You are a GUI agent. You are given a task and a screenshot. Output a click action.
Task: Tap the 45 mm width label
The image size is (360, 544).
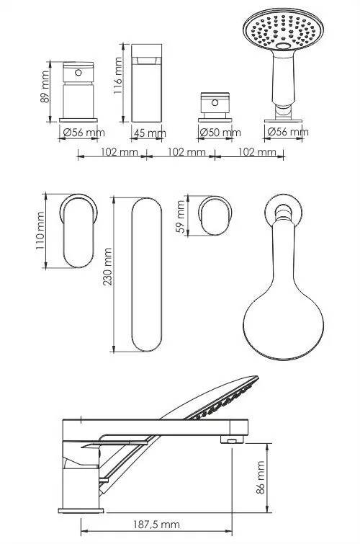pos(150,133)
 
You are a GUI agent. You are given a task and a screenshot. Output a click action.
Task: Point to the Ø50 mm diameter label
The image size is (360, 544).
pos(219,133)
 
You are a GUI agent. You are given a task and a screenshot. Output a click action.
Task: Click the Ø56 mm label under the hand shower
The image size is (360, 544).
pos(287,132)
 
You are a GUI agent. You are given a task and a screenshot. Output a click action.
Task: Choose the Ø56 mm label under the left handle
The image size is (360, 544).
pos(84,133)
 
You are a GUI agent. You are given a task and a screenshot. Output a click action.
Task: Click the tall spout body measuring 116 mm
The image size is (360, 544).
pos(149,83)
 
